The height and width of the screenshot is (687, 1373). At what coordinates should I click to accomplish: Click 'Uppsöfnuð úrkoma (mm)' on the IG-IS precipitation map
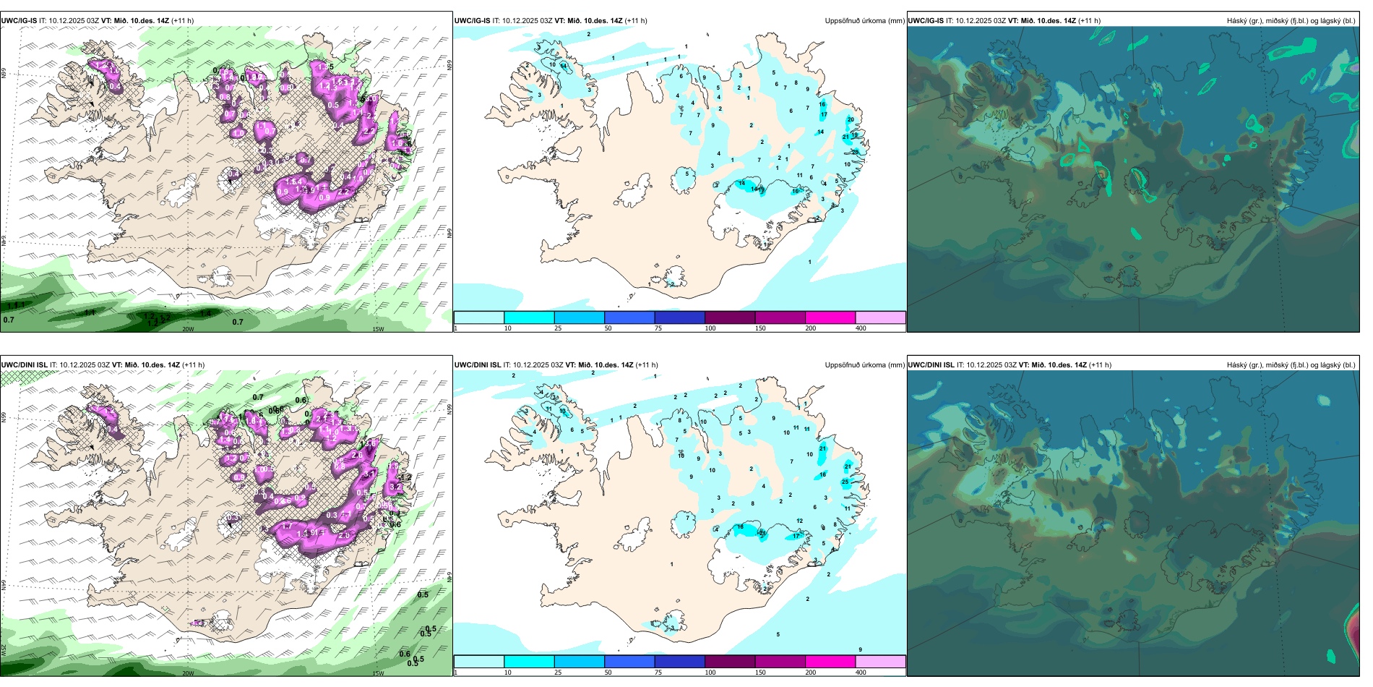coord(864,21)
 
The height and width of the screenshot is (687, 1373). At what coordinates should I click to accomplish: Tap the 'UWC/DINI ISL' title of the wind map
coord(24,365)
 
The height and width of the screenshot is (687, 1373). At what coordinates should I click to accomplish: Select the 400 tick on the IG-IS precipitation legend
coord(861,328)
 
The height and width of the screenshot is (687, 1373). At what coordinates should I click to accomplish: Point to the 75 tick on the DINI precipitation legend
coord(658,673)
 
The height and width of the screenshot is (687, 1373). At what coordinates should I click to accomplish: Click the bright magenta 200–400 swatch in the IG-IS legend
coord(830,317)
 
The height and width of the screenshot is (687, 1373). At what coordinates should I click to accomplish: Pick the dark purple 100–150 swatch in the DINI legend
coord(730,662)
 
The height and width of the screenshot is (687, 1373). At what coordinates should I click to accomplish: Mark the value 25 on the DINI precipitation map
coord(845,482)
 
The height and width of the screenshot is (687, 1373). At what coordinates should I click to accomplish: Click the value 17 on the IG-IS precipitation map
coord(824,115)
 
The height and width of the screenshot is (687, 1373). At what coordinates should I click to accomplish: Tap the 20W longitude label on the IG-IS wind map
coord(188,329)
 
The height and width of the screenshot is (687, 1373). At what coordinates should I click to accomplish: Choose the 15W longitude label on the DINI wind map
coord(378,673)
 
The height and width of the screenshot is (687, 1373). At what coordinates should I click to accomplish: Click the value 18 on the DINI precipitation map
coord(740,527)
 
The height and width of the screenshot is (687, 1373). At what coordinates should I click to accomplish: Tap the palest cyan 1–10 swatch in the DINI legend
coord(478,662)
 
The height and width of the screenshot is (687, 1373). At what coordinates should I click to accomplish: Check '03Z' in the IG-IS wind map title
coord(93,21)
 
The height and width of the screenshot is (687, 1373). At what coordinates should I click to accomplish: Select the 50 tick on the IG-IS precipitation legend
coord(608,328)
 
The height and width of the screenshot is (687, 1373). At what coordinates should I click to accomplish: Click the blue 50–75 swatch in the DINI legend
coord(629,662)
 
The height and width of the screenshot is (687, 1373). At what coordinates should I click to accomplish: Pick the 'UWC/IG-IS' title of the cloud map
coord(926,21)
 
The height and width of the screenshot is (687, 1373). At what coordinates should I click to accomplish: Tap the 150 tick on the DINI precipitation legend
coord(760,673)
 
